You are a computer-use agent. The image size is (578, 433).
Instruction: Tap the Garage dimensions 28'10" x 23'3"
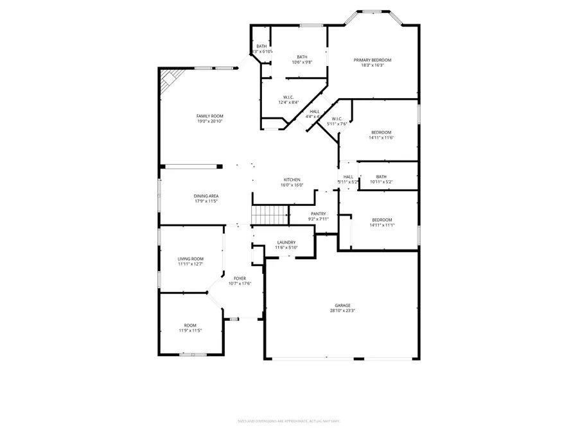[x=342, y=311]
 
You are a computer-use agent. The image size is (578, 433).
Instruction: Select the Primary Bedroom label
[x=372, y=60]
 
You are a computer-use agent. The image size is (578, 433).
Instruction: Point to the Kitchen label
[x=292, y=180]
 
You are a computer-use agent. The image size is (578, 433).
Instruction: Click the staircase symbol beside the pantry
[x=269, y=215]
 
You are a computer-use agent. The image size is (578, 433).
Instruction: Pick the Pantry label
[x=319, y=214]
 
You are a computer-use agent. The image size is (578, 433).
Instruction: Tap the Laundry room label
[x=285, y=242]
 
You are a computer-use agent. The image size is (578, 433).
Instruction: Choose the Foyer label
[x=240, y=278]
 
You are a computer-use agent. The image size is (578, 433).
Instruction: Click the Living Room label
[x=191, y=259]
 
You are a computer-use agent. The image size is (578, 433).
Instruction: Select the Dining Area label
[x=206, y=196]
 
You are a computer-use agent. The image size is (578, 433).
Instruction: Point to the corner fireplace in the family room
[x=170, y=81]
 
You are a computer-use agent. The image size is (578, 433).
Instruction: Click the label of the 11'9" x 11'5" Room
[x=190, y=325]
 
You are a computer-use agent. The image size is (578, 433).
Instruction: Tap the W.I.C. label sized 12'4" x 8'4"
[x=288, y=97]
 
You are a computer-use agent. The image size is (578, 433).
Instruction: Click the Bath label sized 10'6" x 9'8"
[x=302, y=57]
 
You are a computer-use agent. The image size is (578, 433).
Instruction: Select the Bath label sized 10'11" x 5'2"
[x=381, y=176]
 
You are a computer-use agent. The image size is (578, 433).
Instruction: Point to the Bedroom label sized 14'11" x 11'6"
[x=381, y=132]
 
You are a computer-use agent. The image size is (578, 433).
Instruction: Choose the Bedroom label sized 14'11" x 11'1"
[x=381, y=220]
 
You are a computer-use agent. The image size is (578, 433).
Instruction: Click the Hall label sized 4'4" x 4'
[x=314, y=111]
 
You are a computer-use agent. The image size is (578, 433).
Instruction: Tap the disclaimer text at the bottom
[x=288, y=421]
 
